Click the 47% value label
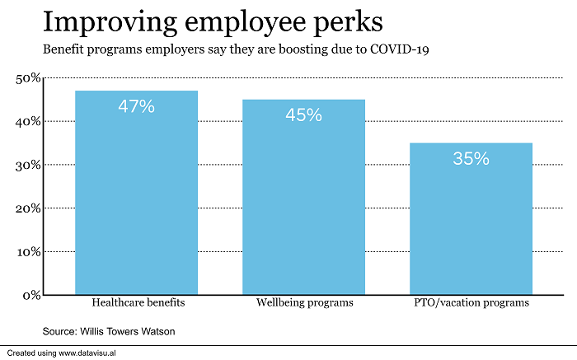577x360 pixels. pos(136,106)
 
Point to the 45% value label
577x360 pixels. pos(303,115)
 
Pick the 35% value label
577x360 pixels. pos(471,158)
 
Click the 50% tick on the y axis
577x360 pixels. pos(27,78)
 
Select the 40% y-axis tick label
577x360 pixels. pos(27,122)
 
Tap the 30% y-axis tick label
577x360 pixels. pos(27,165)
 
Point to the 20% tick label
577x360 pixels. pos(27,208)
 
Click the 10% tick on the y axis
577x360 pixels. pos(27,251)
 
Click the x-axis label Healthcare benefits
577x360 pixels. pos(137,303)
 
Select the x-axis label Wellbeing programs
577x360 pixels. pos(303,303)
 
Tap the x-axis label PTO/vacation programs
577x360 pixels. pos(471,303)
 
